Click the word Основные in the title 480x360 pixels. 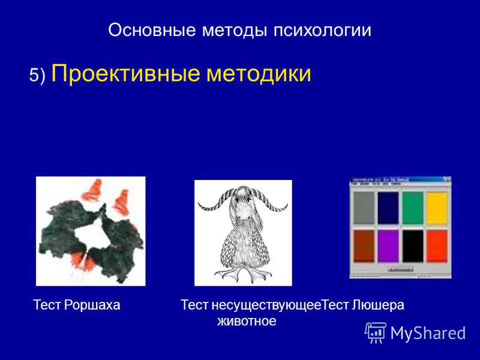coord(152,30)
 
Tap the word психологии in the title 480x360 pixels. coord(322,30)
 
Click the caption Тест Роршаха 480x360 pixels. coord(77,305)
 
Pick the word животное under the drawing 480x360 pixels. coord(247,321)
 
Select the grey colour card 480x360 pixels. coord(364,208)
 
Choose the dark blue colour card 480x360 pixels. coord(388,208)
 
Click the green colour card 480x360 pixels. coord(413,208)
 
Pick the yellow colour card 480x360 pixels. coord(437,208)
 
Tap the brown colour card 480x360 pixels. coord(364,246)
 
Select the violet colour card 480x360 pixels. coord(388,246)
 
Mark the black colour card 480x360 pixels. coord(413,246)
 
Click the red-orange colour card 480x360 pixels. coord(437,246)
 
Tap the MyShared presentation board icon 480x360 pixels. coord(376,332)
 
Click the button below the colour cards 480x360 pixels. coord(401,269)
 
